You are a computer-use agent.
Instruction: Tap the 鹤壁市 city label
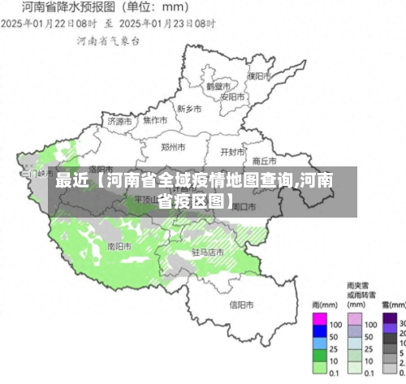tap(218, 85)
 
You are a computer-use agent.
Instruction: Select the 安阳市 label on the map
tap(233, 97)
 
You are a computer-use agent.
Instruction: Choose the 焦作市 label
tap(154, 120)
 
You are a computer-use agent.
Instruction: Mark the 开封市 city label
tap(232, 151)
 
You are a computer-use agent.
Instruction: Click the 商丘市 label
tap(265, 160)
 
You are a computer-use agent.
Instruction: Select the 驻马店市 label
tap(208, 252)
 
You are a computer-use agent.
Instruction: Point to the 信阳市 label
tap(242, 304)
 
